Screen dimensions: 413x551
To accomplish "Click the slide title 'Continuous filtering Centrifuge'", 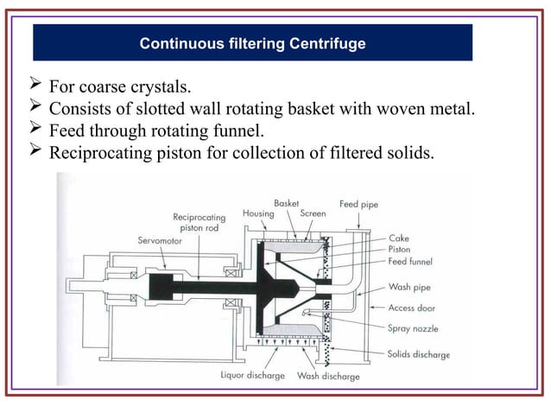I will point(252,42).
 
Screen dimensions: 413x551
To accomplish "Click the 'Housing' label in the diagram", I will point(258,213).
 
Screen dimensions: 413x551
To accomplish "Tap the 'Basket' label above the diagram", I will point(286,203).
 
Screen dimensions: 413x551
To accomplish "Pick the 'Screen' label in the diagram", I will point(312,213).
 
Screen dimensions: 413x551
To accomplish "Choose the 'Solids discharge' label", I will point(419,355).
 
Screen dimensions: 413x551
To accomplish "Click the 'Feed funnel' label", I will point(410,261).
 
